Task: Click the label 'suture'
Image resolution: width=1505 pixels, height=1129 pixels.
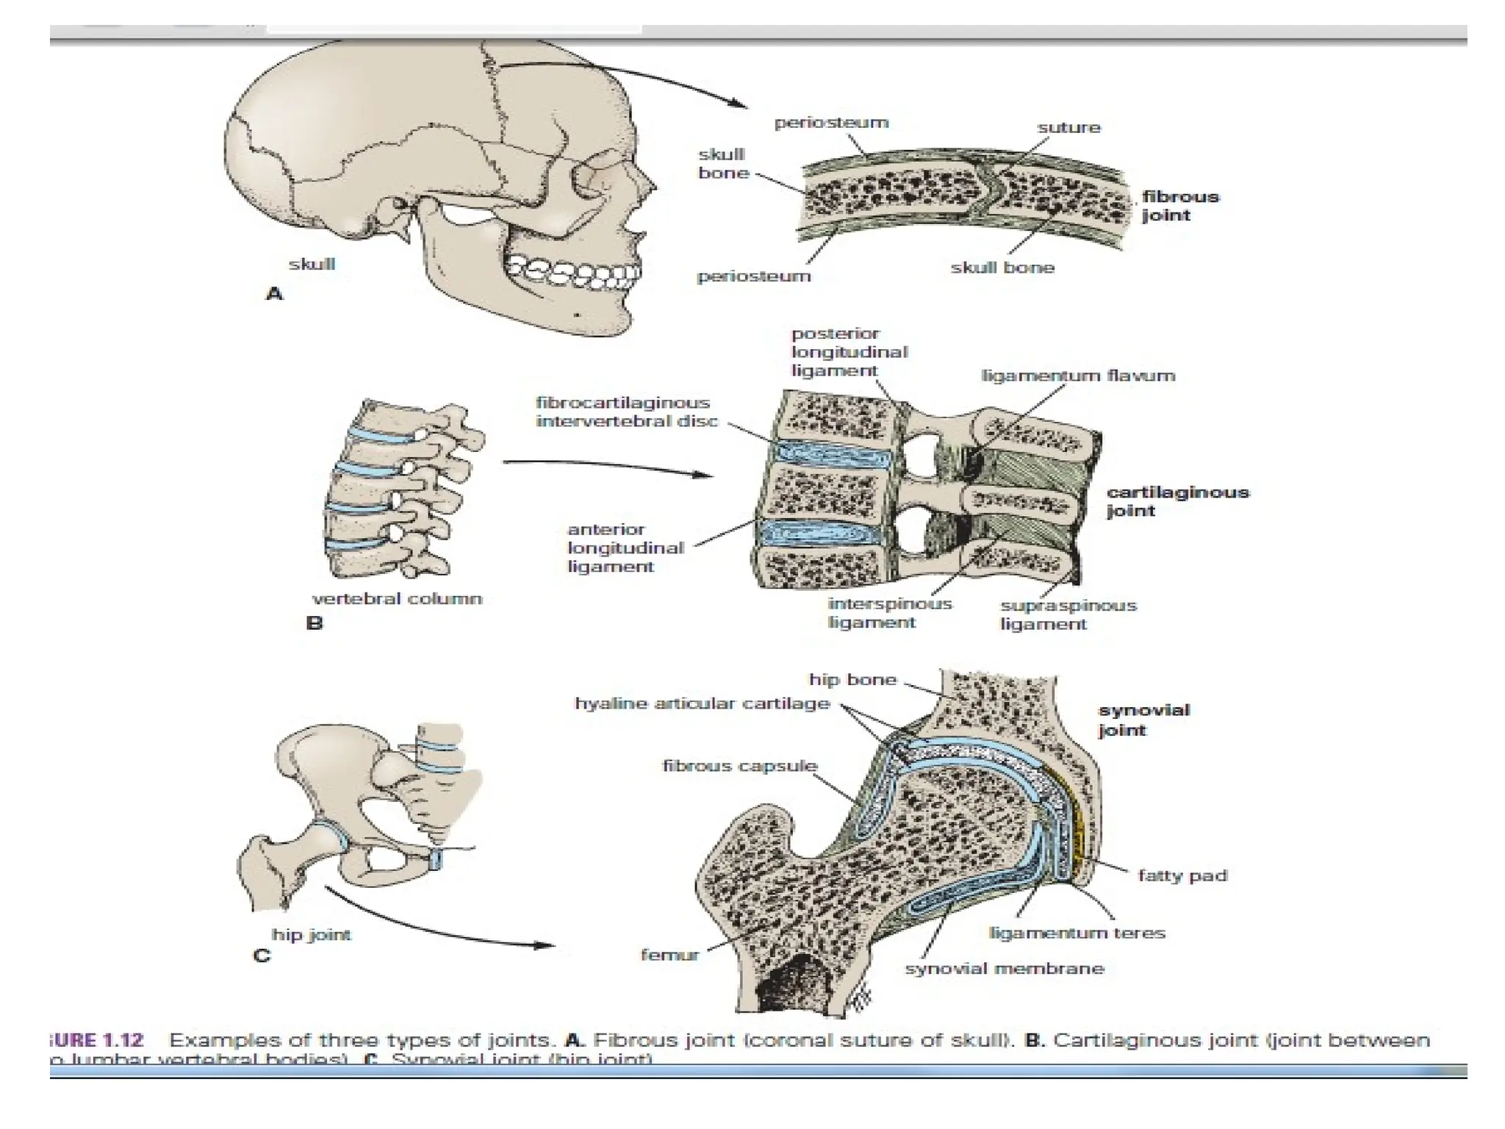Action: pyautogui.click(x=1068, y=128)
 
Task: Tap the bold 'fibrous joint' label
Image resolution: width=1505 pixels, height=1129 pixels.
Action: pyautogui.click(x=1180, y=206)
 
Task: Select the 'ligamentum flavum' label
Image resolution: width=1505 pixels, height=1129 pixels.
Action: pyautogui.click(x=1078, y=376)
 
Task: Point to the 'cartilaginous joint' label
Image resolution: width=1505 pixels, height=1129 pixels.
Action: pyautogui.click(x=1177, y=501)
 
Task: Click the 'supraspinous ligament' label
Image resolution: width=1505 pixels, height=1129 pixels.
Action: pyautogui.click(x=1068, y=615)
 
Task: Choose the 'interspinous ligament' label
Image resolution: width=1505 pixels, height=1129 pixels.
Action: pyautogui.click(x=889, y=613)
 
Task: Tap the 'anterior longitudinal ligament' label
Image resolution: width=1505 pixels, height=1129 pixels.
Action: pyautogui.click(x=625, y=548)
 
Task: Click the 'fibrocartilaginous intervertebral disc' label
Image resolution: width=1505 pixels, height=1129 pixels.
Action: pyautogui.click(x=626, y=412)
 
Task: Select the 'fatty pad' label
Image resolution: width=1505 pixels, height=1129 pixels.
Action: pyautogui.click(x=1182, y=875)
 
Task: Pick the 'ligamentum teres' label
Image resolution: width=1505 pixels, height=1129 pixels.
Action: pyautogui.click(x=1077, y=933)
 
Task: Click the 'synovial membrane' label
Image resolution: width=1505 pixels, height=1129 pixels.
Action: pyautogui.click(x=1004, y=969)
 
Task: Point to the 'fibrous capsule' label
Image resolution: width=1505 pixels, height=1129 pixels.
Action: pyautogui.click(x=739, y=766)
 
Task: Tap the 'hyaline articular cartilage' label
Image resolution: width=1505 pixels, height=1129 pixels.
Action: pyautogui.click(x=702, y=703)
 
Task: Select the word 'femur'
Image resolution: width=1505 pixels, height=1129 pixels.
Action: pyautogui.click(x=669, y=956)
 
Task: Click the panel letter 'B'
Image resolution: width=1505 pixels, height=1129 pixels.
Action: pyautogui.click(x=314, y=624)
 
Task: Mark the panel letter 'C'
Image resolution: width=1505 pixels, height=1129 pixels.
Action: pyautogui.click(x=261, y=956)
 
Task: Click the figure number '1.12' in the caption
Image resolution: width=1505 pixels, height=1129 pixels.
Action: pyautogui.click(x=122, y=1040)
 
